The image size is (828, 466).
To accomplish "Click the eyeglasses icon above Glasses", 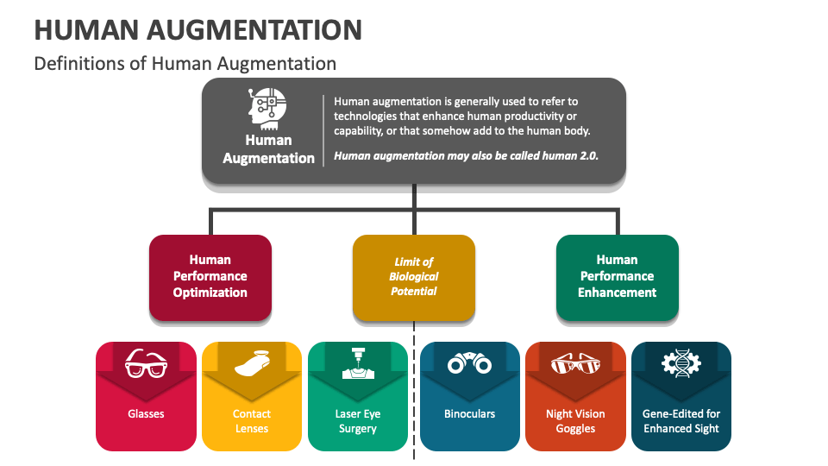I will pos(146,365).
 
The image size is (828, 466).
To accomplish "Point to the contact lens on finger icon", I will pos(252,363).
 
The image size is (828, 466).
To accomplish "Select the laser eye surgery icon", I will pos(358,363).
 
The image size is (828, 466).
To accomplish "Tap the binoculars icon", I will pos(469,364).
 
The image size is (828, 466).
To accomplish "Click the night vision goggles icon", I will pos(575,363).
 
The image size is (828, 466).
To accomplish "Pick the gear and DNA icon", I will pos(681,363).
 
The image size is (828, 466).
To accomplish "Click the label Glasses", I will pos(146,414).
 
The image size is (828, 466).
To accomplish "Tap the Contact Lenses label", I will pos(252,421).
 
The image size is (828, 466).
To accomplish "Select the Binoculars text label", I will pos(469,414).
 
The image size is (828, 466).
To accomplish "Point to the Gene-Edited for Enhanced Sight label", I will pos(681,421).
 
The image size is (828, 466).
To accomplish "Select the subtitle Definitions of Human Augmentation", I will pos(185,64).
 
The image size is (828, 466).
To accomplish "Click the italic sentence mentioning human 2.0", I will pos(466,156).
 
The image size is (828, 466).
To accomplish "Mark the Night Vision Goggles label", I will pos(575,421).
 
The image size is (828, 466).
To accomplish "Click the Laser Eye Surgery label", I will pos(358,421).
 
